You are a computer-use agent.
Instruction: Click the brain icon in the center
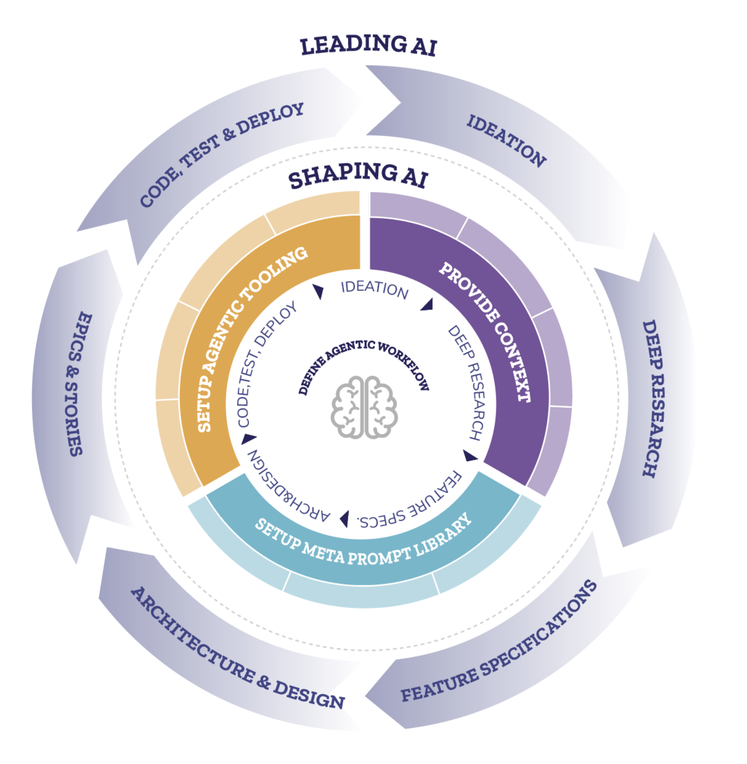click(364, 407)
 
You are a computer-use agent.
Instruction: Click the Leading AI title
click(368, 45)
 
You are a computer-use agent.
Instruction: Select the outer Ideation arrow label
click(506, 141)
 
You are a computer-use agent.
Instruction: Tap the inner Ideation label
click(375, 289)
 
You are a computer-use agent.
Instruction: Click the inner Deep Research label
click(467, 382)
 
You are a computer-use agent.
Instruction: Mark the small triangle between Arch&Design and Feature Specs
click(345, 519)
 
